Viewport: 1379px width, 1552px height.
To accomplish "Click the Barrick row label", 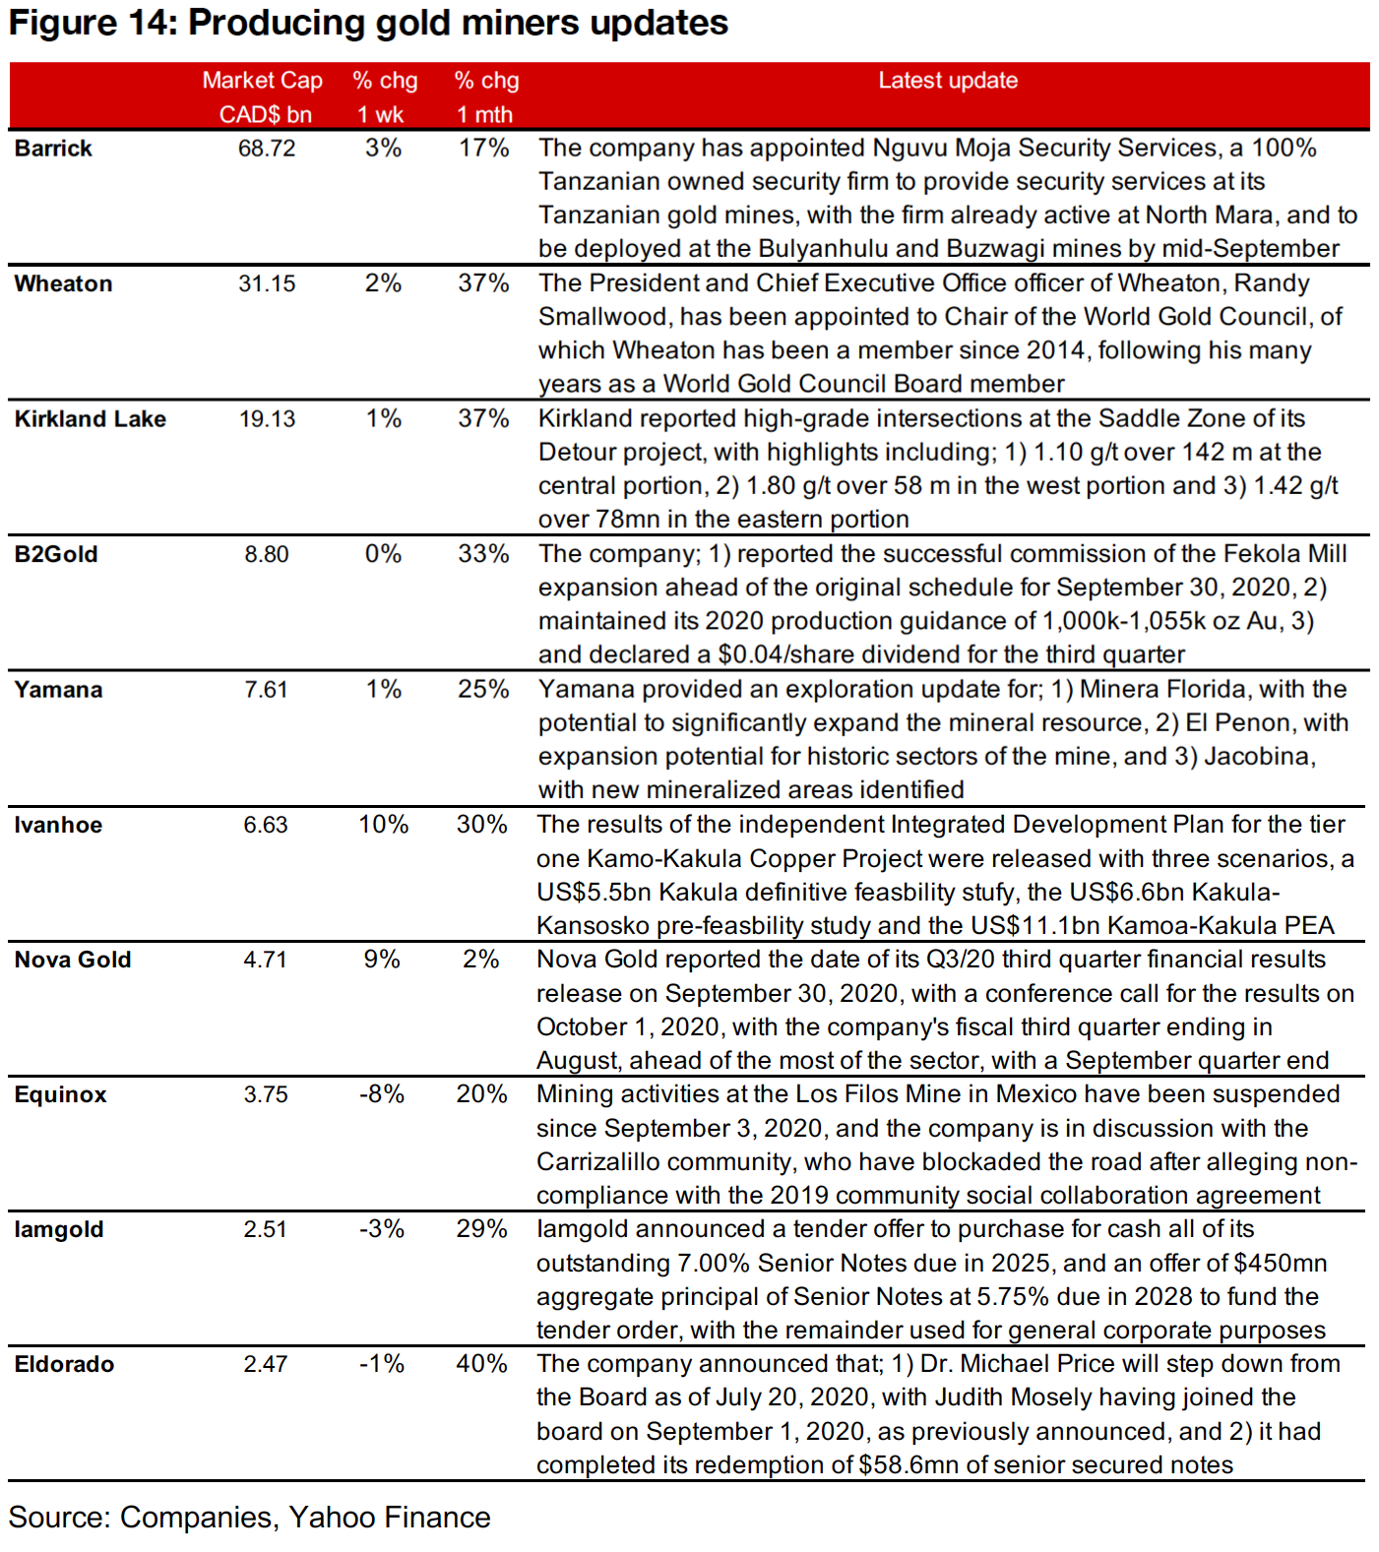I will [x=53, y=149].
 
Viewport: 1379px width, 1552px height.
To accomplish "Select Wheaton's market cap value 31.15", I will [x=267, y=283].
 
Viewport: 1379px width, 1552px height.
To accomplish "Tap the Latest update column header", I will [x=948, y=81].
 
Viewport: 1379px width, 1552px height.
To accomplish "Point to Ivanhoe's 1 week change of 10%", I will [x=383, y=825].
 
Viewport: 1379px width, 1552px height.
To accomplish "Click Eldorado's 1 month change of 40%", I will [x=481, y=1364].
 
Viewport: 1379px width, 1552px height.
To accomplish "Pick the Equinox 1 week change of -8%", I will [x=382, y=1094].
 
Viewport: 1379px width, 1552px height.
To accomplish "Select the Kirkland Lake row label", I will [x=91, y=419].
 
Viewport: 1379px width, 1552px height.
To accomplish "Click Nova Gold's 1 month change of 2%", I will [x=481, y=960].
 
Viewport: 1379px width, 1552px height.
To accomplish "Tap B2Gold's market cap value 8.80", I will [x=267, y=554].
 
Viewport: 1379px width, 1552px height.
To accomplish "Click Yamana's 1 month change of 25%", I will [x=483, y=689].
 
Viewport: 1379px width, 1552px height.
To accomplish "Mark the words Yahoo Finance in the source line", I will [x=390, y=1518].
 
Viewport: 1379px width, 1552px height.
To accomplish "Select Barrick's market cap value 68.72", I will [x=267, y=149].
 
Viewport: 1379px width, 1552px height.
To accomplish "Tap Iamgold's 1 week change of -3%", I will [x=382, y=1229].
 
